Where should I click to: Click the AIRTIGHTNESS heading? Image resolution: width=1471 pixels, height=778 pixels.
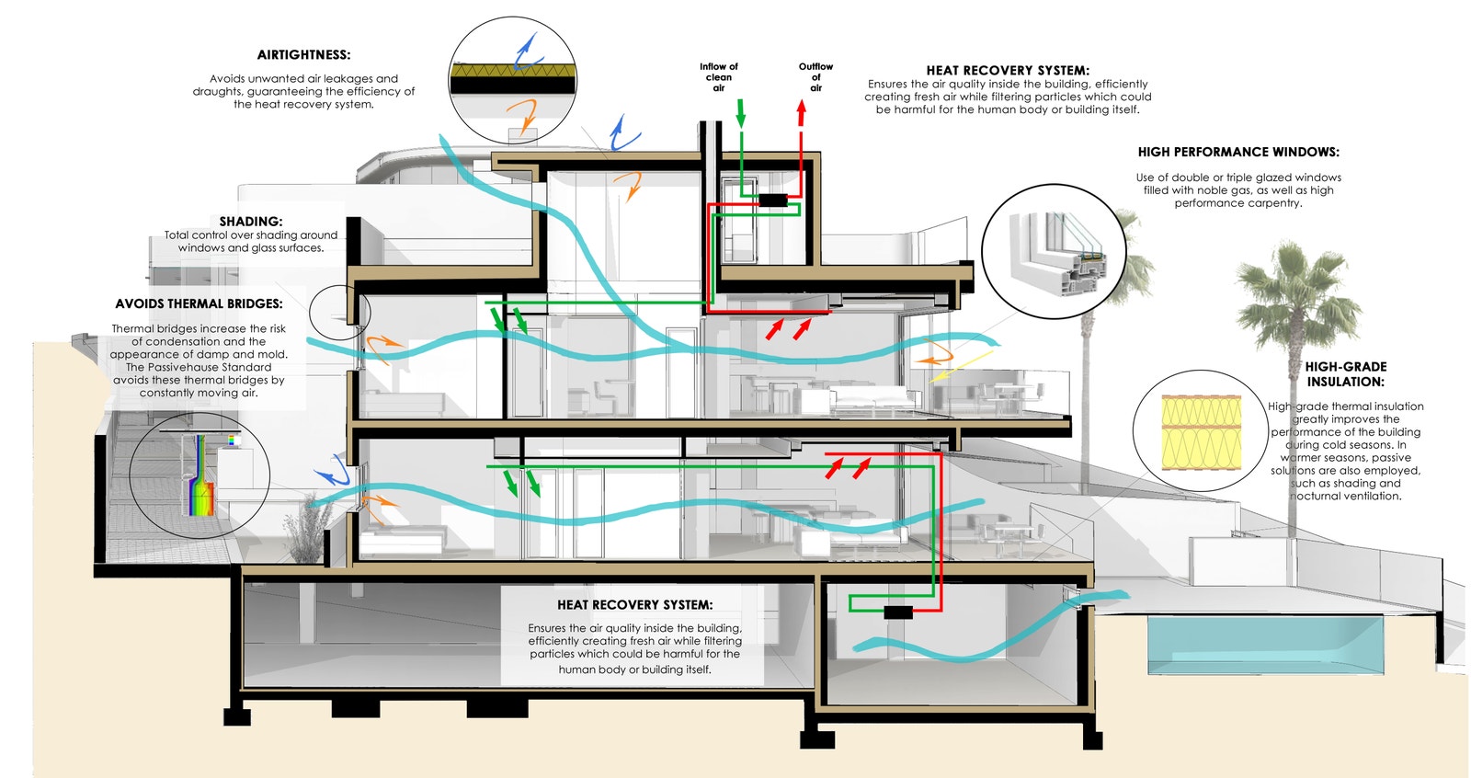pos(303,55)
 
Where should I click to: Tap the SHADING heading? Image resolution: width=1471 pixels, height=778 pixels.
pos(251,222)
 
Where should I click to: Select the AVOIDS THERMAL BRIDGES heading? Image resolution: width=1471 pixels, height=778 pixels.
pos(199,303)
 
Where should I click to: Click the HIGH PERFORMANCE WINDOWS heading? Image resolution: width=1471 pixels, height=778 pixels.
pos(1238,152)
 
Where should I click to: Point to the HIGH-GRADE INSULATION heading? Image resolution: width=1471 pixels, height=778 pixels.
pos(1346,374)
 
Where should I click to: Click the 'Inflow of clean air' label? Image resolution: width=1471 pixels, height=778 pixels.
pos(719,77)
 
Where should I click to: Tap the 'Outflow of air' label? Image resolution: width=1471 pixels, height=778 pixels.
pos(815,77)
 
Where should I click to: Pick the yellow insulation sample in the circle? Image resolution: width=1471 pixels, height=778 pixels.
pos(1201,432)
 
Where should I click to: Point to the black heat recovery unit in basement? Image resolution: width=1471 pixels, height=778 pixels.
pos(897,612)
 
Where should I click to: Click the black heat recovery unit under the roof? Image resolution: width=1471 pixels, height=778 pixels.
pos(772,200)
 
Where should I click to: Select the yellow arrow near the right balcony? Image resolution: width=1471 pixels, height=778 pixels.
pos(961,364)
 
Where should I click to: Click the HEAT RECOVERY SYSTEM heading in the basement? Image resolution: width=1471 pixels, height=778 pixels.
pos(634,605)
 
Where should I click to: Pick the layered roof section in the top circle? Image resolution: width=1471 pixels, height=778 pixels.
pos(513,77)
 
